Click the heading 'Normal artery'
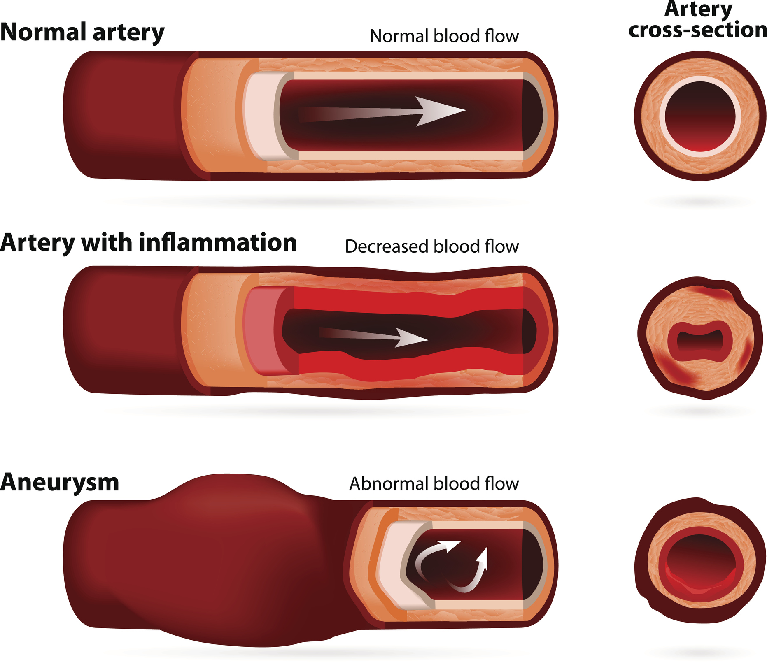click(82, 33)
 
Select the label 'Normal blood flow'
click(444, 36)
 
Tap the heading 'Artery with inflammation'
click(148, 243)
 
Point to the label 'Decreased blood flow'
click(432, 246)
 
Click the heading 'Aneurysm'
click(60, 482)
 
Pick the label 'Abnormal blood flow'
click(434, 484)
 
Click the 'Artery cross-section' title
click(698, 21)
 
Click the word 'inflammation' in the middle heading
click(218, 243)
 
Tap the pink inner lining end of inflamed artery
click(260, 331)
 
